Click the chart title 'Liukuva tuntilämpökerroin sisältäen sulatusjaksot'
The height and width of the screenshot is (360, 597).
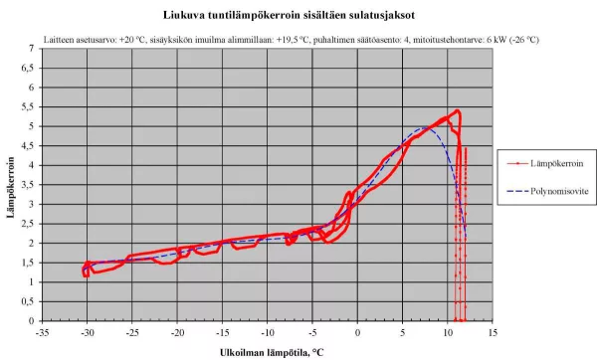coord(289,15)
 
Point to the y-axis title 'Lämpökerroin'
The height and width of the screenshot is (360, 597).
coord(10,187)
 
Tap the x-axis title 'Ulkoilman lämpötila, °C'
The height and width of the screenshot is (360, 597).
coord(272,352)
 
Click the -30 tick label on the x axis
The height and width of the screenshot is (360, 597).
coord(88,332)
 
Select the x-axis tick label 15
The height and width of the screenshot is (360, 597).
coord(493,332)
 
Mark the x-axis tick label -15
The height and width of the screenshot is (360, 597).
coord(222,332)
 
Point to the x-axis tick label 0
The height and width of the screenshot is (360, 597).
coord(357,332)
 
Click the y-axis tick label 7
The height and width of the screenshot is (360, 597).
coord(31,49)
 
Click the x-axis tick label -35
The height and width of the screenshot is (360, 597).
coord(42,332)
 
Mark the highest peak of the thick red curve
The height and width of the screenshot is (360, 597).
coord(457,110)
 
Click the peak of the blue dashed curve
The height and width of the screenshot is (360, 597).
coord(422,128)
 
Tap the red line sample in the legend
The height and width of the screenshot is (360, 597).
coord(517,164)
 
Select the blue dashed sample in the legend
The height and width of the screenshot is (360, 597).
coord(517,191)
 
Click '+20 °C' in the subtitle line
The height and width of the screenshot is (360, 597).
coord(132,40)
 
